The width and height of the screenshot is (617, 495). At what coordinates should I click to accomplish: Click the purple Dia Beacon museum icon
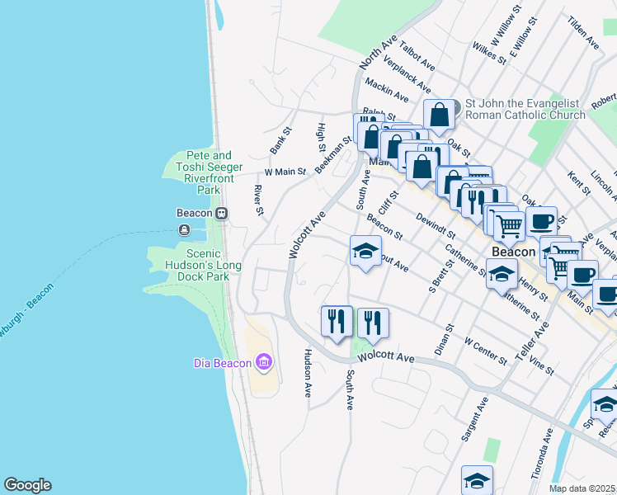coord(264,362)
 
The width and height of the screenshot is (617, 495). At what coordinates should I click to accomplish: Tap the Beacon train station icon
coord(221,213)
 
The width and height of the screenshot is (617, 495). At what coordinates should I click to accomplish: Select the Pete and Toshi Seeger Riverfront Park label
coord(198,172)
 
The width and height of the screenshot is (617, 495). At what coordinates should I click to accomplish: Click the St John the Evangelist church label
coord(525,110)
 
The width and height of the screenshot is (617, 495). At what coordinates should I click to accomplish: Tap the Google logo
coord(27,485)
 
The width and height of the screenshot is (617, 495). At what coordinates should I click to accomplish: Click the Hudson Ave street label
coord(308,373)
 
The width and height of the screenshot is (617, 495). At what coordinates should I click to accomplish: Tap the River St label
coord(258,201)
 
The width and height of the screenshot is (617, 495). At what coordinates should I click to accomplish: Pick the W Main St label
coord(285,172)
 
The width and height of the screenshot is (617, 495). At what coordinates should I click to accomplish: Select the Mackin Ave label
coord(386,89)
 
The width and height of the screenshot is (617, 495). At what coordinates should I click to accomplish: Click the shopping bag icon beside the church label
coord(439,115)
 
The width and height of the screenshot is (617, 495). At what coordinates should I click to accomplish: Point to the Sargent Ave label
coord(476,419)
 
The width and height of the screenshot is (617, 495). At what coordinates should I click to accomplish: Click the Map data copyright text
coord(582,488)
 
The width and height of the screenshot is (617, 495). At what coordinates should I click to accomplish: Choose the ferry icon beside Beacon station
coord(183,229)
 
